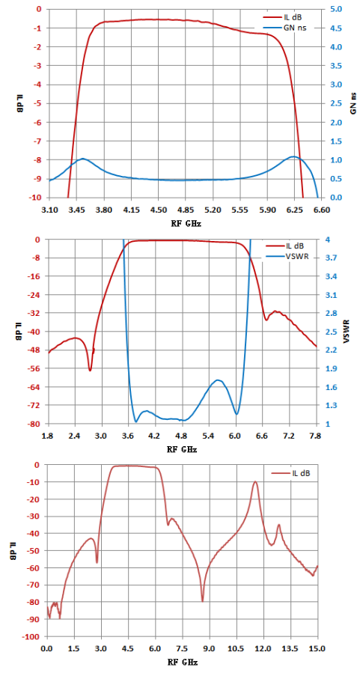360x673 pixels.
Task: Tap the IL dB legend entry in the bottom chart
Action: tap(291, 473)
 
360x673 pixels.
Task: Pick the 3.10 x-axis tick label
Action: tap(49, 210)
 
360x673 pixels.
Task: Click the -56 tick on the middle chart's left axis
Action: tap(37, 368)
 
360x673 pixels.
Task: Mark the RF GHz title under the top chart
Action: tap(186, 223)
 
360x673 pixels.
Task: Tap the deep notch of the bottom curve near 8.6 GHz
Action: tap(203, 601)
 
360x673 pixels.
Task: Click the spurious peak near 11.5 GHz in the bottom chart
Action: tap(256, 481)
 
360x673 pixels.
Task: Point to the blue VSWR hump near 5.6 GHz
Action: tap(218, 380)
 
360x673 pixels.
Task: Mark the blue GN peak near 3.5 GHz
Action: tap(83, 159)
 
